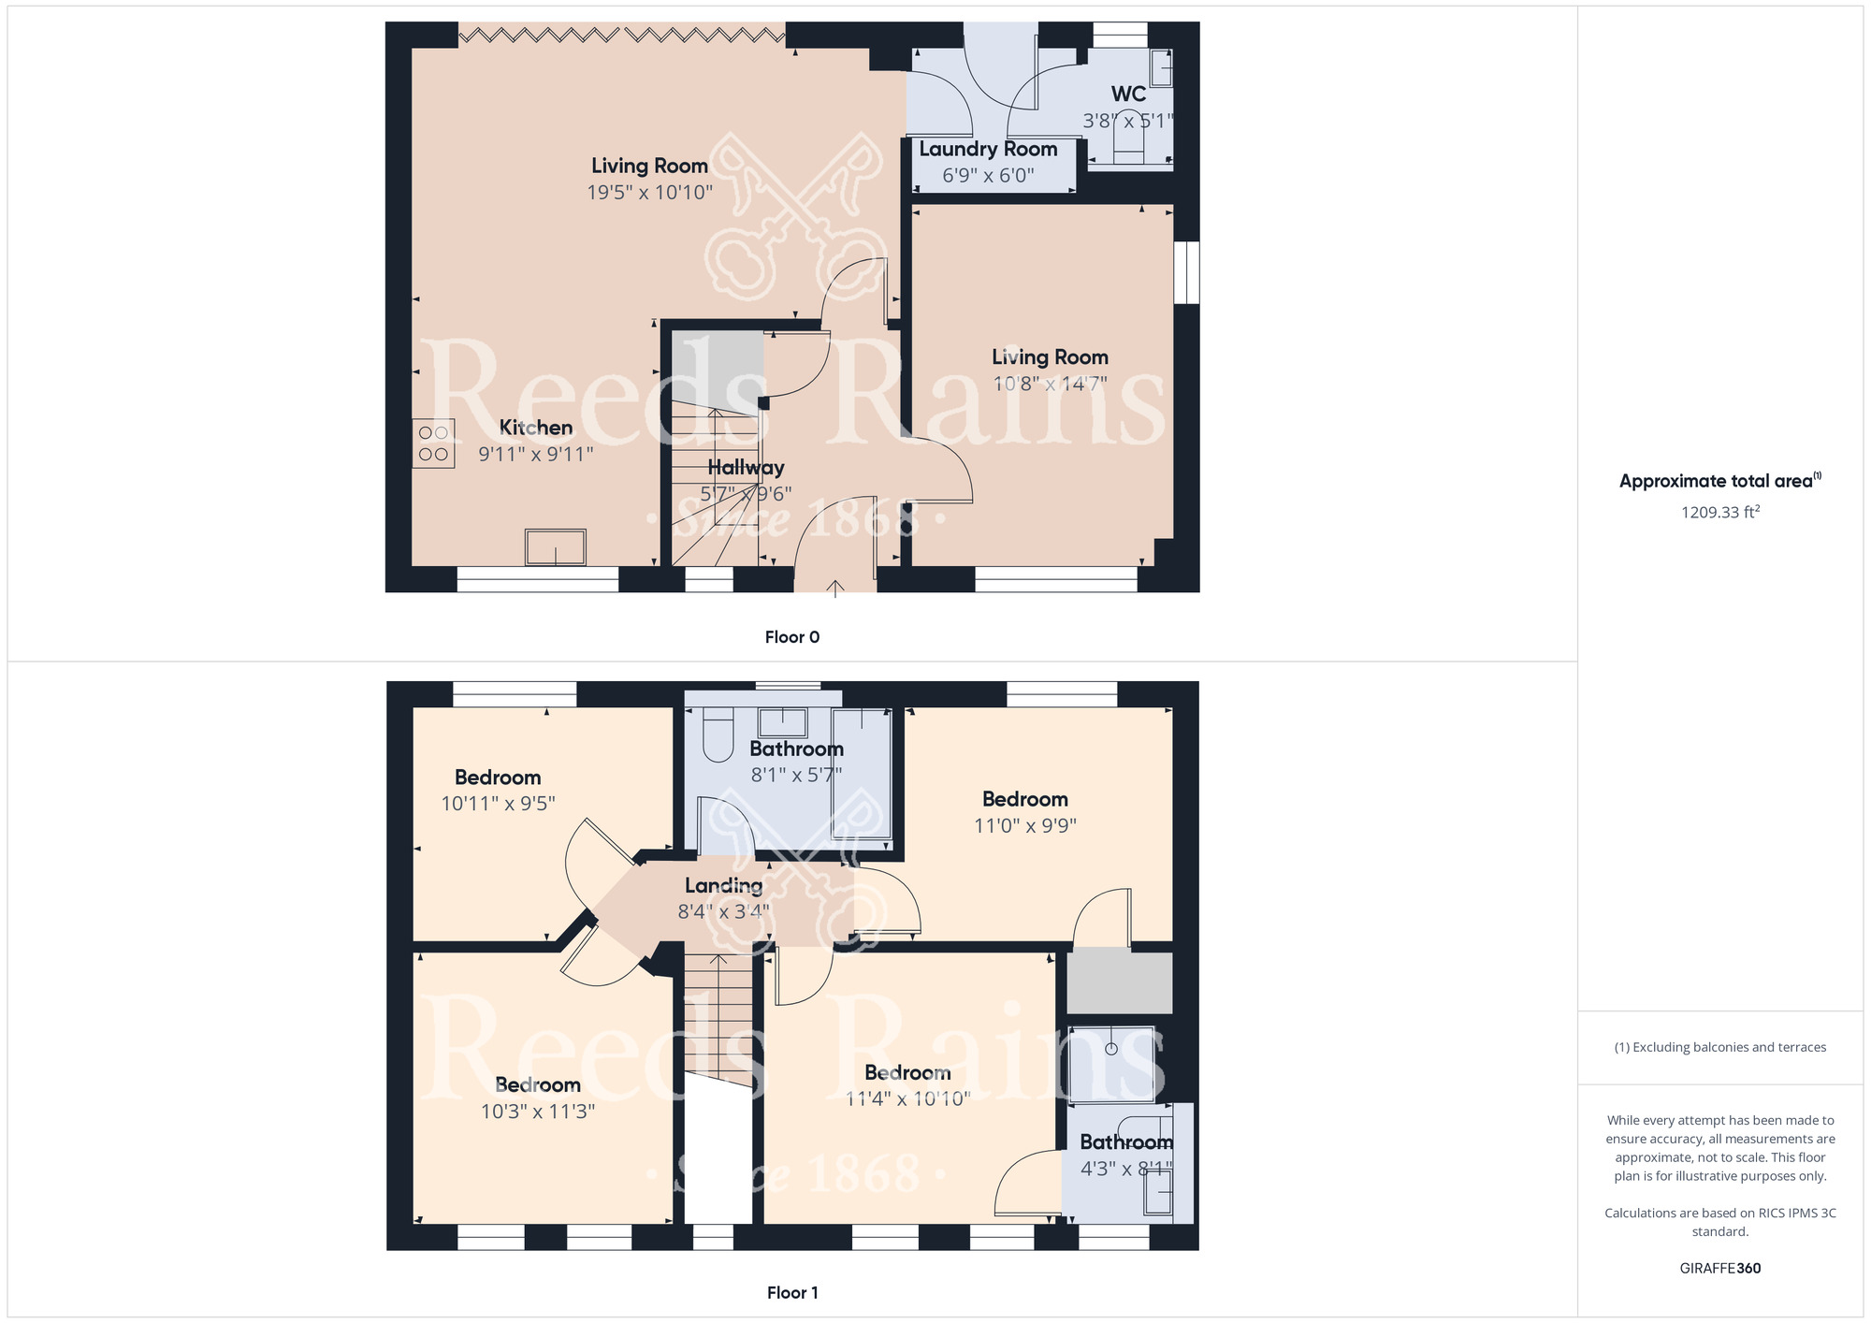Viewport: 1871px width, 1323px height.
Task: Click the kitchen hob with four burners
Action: (x=434, y=443)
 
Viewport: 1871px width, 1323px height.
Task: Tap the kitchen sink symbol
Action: (x=556, y=547)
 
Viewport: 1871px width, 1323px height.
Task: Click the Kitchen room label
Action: (x=536, y=428)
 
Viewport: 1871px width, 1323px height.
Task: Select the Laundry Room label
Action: (x=988, y=149)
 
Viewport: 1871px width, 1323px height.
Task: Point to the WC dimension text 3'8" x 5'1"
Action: (x=1128, y=121)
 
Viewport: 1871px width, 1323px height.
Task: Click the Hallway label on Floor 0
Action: (x=746, y=468)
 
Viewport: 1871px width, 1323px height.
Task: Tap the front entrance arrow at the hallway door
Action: (x=835, y=588)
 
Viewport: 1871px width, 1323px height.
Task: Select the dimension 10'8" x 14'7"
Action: (x=1050, y=384)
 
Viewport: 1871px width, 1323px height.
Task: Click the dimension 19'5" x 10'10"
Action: (x=650, y=193)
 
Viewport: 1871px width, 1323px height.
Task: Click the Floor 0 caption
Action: (x=792, y=637)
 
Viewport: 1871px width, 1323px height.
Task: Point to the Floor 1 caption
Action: (x=792, y=1293)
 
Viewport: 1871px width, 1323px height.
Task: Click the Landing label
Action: (x=724, y=886)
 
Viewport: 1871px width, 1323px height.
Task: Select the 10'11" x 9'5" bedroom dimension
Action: (x=499, y=804)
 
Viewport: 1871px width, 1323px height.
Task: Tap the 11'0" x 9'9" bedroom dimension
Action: (x=1025, y=826)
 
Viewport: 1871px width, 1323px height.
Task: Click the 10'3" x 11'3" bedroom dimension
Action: (x=538, y=1112)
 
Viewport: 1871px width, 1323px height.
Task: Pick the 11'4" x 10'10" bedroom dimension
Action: (x=908, y=1099)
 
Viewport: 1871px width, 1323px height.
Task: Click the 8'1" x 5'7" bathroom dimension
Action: (x=797, y=776)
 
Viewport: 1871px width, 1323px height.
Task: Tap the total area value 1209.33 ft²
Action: (x=1720, y=512)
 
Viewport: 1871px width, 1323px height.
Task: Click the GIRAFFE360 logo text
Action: (x=1720, y=1269)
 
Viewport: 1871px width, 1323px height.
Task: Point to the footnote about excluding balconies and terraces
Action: (x=1720, y=1048)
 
